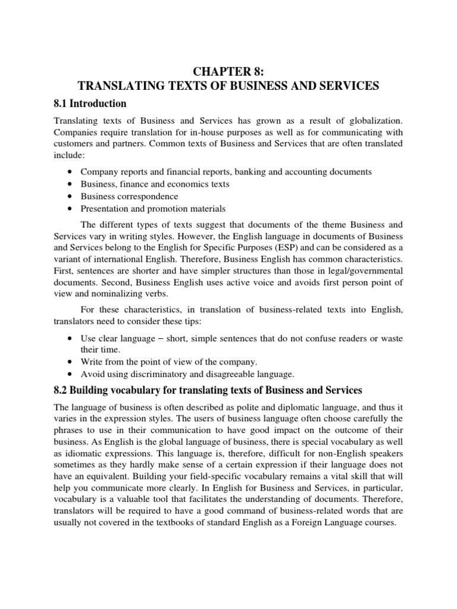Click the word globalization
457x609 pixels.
coord(376,122)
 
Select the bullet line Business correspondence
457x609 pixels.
coord(129,196)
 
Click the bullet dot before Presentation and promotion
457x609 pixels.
coord(71,209)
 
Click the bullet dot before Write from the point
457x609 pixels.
coord(71,362)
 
